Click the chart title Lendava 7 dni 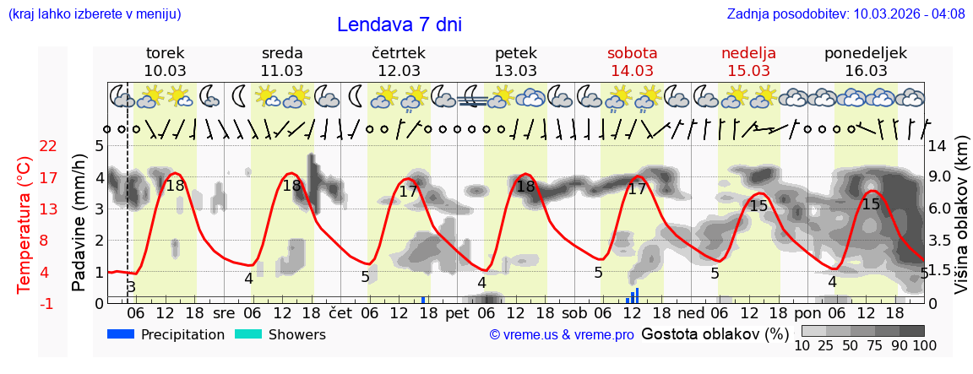(399, 24)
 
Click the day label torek (165, 53)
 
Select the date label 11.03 (281, 71)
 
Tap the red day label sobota (632, 53)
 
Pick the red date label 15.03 (748, 71)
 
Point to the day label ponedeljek (865, 53)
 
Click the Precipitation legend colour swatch (122, 334)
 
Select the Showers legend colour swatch (248, 334)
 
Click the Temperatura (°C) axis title (24, 225)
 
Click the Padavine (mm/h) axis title (79, 222)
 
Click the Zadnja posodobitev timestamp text (845, 14)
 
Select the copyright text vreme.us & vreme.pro (562, 335)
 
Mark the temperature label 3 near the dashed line (131, 288)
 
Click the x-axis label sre (223, 312)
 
